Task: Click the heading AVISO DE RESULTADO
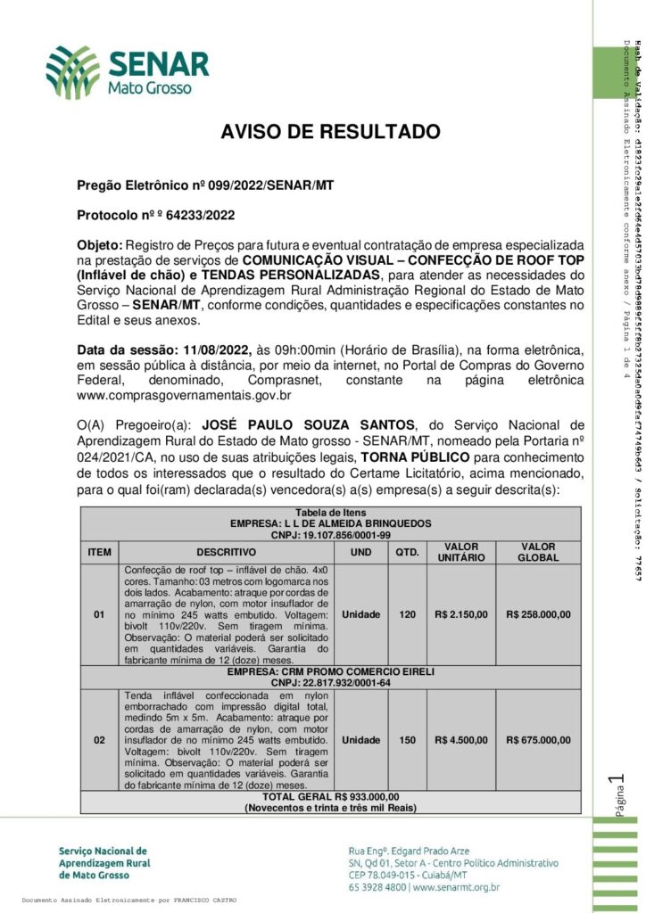point(330,133)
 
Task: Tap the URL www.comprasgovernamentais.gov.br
point(185,395)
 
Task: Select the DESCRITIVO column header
point(227,552)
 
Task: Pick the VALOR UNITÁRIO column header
point(460,551)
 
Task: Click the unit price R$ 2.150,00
point(460,614)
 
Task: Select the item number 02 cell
point(99,739)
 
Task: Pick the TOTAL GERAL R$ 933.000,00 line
point(330,796)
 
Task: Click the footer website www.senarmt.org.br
point(456,887)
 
